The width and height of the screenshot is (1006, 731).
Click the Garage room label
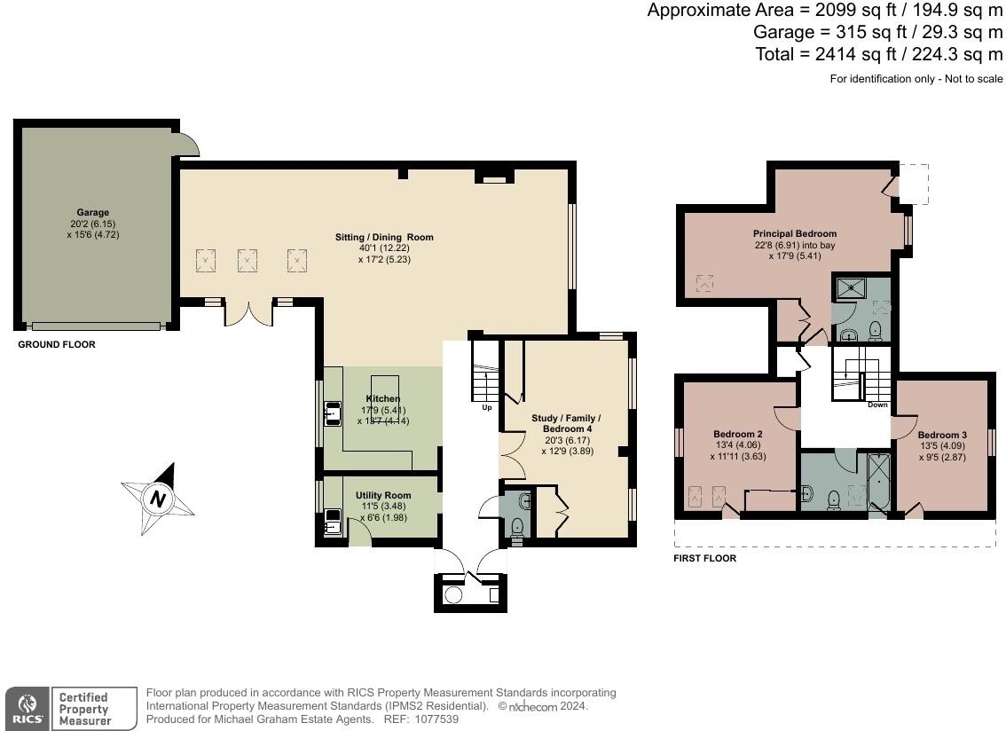[x=92, y=213]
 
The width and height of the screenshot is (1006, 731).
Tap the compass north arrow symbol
[x=158, y=499]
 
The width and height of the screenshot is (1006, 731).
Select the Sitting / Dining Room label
[x=384, y=237]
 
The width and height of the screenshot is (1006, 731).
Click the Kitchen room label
[x=382, y=399]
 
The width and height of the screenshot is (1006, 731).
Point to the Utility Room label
[x=383, y=495]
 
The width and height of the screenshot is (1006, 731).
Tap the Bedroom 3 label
[x=942, y=435]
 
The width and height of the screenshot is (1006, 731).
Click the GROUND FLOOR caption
[x=57, y=344]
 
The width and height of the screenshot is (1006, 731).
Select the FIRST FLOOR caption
[x=705, y=559]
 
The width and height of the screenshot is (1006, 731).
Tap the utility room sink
[x=334, y=521]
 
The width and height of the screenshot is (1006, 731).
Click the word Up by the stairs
[x=487, y=408]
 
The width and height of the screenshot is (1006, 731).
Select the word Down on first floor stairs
[x=876, y=405]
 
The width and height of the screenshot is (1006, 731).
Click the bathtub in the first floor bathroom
[x=878, y=483]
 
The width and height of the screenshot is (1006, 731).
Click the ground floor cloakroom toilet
[x=518, y=527]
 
